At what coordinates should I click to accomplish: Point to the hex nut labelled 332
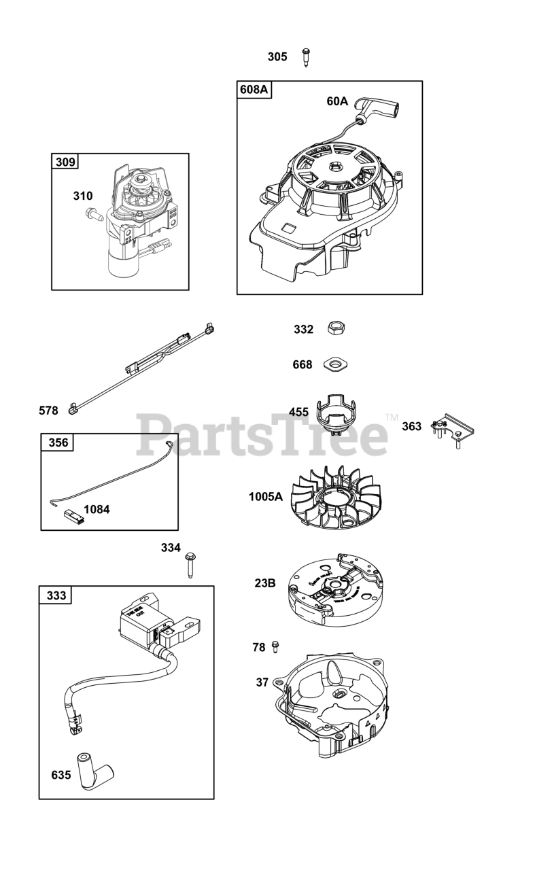pyautogui.click(x=335, y=329)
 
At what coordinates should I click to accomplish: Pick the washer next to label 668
pyautogui.click(x=334, y=364)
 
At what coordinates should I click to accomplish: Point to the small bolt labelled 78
pyautogui.click(x=275, y=646)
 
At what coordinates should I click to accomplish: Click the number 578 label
pyautogui.click(x=49, y=410)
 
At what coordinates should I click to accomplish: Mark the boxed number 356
pyautogui.click(x=58, y=442)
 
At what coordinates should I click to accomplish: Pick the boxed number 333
pyautogui.click(x=56, y=595)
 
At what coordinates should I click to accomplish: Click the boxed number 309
pyautogui.click(x=65, y=162)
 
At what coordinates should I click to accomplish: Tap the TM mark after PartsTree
pyautogui.click(x=392, y=417)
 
